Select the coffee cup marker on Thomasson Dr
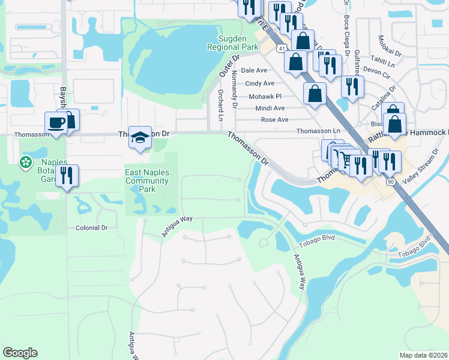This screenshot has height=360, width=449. click(x=57, y=123)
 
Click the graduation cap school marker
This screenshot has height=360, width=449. click(x=139, y=138)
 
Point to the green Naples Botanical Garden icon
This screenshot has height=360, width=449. click(x=26, y=162)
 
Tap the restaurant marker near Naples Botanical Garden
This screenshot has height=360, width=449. click(x=67, y=176)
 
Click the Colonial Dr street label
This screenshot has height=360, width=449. click(x=91, y=228)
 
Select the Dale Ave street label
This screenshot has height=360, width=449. click(x=254, y=70)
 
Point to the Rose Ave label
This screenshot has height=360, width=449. click(x=273, y=120)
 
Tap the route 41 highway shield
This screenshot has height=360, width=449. click(x=281, y=47)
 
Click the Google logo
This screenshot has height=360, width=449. click(x=20, y=353)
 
